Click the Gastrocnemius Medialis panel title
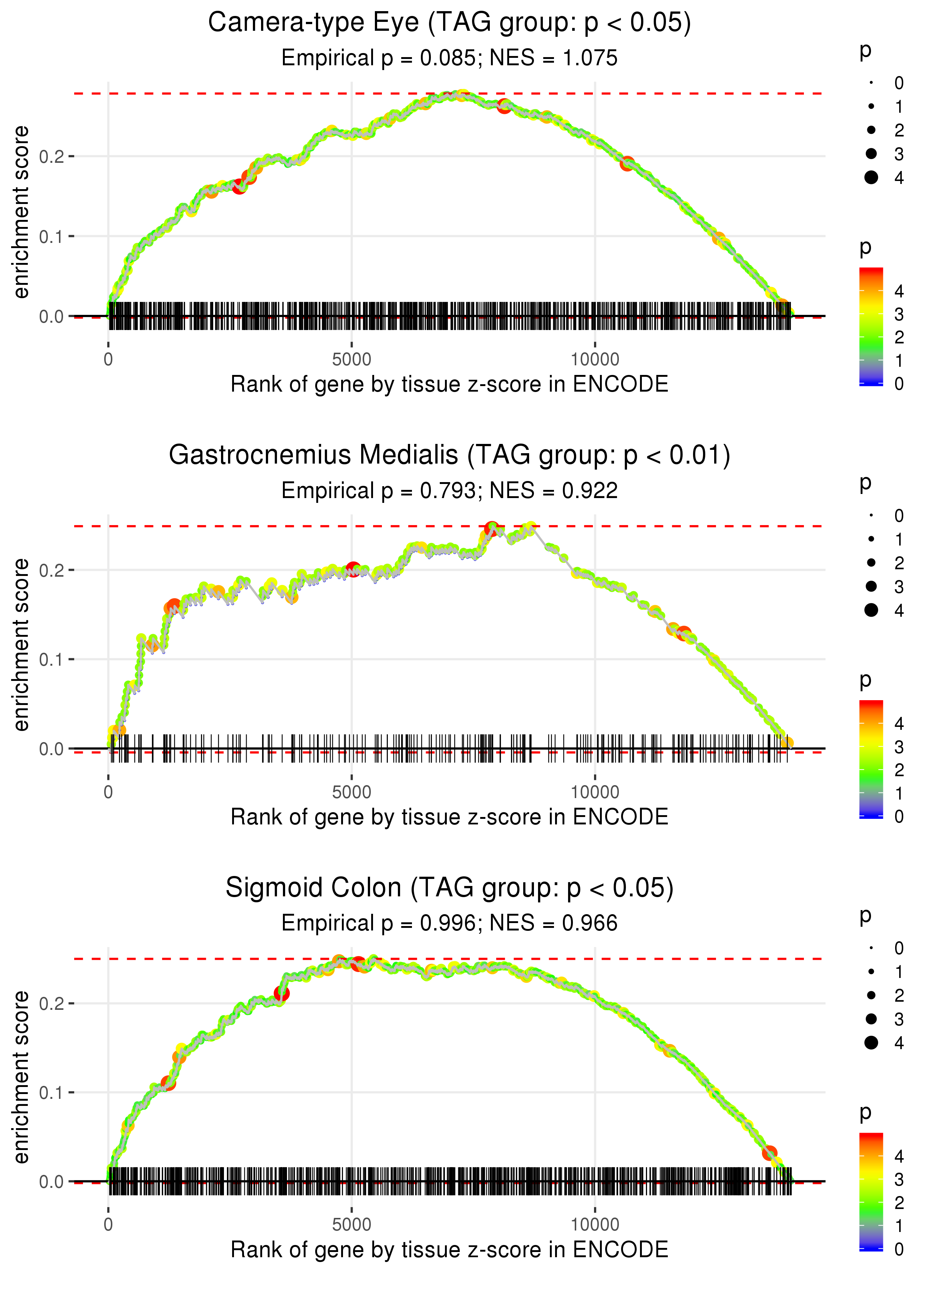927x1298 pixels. coord(449,455)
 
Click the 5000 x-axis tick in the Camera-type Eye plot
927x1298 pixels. coord(352,360)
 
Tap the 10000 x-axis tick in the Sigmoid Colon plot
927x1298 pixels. coord(595,1225)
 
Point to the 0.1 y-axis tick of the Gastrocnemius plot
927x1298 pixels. coord(52,660)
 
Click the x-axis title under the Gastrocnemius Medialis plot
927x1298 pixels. coord(449,817)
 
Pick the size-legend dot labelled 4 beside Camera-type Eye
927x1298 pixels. coord(871,178)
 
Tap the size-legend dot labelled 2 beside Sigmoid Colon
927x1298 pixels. coord(871,995)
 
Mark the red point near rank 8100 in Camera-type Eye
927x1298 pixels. coord(504,106)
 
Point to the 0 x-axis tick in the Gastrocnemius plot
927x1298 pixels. coord(108,792)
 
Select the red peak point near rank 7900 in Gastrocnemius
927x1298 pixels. coord(491,528)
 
